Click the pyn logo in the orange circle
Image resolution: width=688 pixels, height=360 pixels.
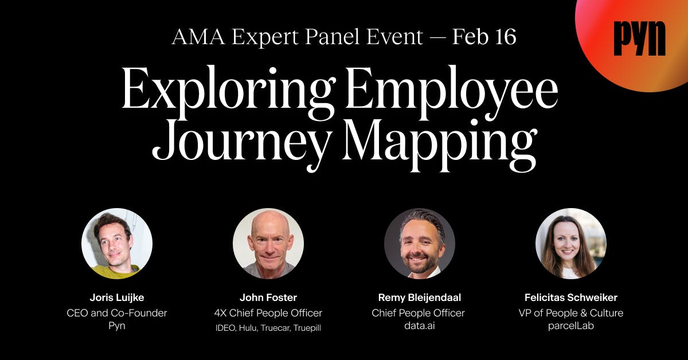point(639,39)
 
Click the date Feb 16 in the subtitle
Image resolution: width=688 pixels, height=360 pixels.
point(484,37)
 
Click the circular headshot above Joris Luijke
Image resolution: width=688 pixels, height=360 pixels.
point(117,244)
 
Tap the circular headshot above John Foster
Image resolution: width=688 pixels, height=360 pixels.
point(268,244)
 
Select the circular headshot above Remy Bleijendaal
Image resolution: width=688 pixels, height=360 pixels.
point(420,244)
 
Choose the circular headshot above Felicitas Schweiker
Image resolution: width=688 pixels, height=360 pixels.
point(571,244)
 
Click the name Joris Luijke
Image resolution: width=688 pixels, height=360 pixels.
point(117,298)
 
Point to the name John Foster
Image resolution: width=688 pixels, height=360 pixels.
point(268,298)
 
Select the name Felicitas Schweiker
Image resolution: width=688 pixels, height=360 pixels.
point(571,298)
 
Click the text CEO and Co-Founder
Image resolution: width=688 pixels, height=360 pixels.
point(117,313)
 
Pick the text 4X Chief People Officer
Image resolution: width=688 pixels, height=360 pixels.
point(268,313)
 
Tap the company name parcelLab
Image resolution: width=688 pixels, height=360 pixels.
point(571,327)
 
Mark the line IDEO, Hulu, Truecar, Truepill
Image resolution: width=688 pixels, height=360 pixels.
point(268,327)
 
